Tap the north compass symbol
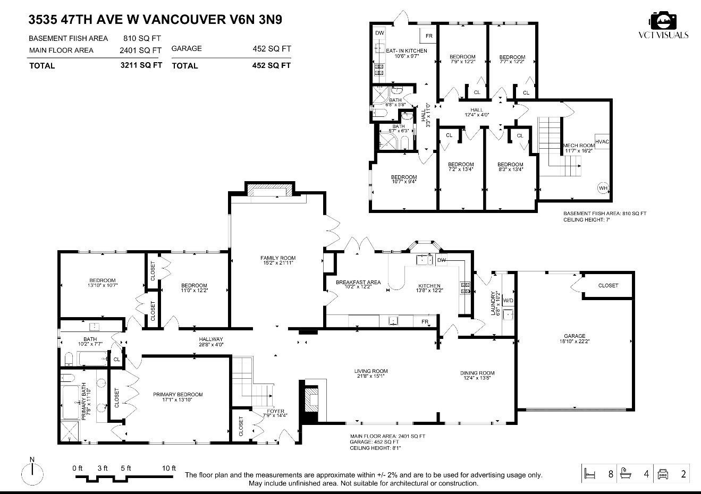click(x=32, y=470)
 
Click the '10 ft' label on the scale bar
click(x=168, y=468)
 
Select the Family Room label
click(x=278, y=260)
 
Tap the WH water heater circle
click(x=603, y=188)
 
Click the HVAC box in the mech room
click(x=602, y=141)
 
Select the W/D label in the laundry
click(x=508, y=301)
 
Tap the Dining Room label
click(x=477, y=376)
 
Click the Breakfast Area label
click(x=358, y=285)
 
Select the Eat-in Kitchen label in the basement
click(x=406, y=53)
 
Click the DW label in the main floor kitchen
click(x=441, y=260)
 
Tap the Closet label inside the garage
click(x=608, y=285)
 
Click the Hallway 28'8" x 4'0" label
click(x=211, y=342)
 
